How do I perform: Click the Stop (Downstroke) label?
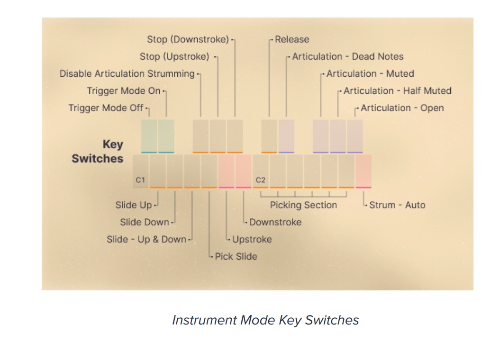click(x=188, y=39)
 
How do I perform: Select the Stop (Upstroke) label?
click(x=174, y=57)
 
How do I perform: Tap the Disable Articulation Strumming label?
click(x=127, y=73)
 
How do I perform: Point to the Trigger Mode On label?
click(x=124, y=91)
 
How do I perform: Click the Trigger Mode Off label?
click(x=106, y=108)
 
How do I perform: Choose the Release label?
click(x=292, y=39)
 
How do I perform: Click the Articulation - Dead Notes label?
click(x=348, y=57)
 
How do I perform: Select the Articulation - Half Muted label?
click(x=398, y=91)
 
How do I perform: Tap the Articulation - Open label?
click(x=402, y=108)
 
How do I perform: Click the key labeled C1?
click(x=141, y=171)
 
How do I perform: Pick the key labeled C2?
click(x=261, y=171)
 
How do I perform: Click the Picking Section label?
click(x=303, y=205)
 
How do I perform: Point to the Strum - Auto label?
click(x=397, y=205)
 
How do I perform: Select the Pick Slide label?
click(x=236, y=256)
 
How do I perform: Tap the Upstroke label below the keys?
click(x=252, y=240)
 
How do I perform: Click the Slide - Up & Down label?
click(x=146, y=240)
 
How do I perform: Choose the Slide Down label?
click(x=145, y=222)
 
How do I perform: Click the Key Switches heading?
click(x=98, y=152)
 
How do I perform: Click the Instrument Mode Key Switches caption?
click(x=265, y=320)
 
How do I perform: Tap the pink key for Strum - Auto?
click(x=364, y=171)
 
